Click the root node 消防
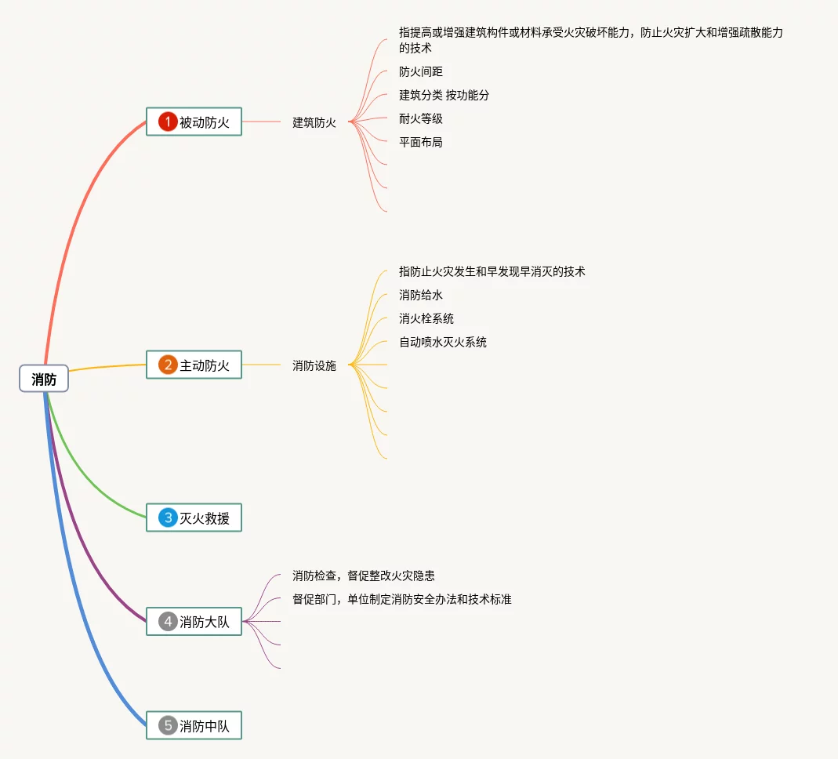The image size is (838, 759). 44,379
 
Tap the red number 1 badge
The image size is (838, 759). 167,122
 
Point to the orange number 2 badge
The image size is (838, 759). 167,365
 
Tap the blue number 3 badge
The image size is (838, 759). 167,517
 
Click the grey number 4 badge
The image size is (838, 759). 167,622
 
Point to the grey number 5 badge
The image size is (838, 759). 167,725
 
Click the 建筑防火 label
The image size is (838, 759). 314,122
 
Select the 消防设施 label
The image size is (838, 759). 314,365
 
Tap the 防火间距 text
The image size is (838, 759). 421,71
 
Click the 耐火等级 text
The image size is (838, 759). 421,118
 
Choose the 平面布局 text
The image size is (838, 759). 421,142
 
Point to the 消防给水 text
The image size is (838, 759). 421,295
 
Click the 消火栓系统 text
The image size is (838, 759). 426,318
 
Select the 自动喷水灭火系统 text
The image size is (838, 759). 443,342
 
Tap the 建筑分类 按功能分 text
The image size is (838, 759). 444,95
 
